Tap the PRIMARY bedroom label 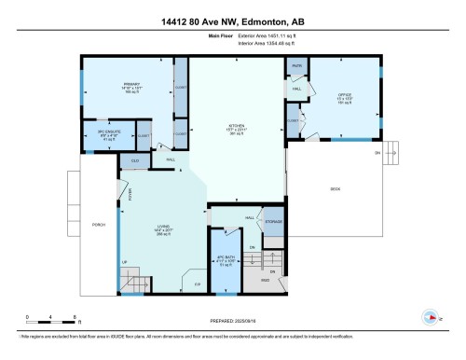coord(130,85)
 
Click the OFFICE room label coord(344,95)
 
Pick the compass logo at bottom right coord(431,317)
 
